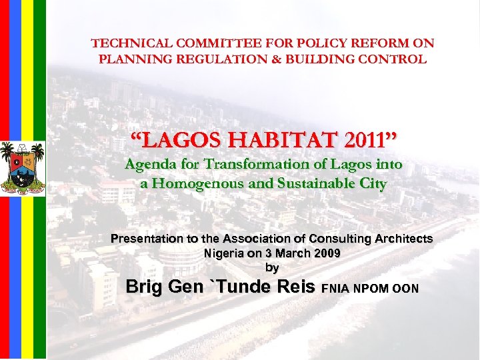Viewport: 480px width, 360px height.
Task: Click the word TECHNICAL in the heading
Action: tap(119, 44)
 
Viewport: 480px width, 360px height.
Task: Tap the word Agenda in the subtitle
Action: tap(151, 165)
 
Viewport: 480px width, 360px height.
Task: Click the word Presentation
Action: tap(147, 239)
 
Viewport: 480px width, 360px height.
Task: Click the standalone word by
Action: tap(272, 267)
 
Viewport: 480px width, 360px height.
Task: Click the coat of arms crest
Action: tap(22, 166)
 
